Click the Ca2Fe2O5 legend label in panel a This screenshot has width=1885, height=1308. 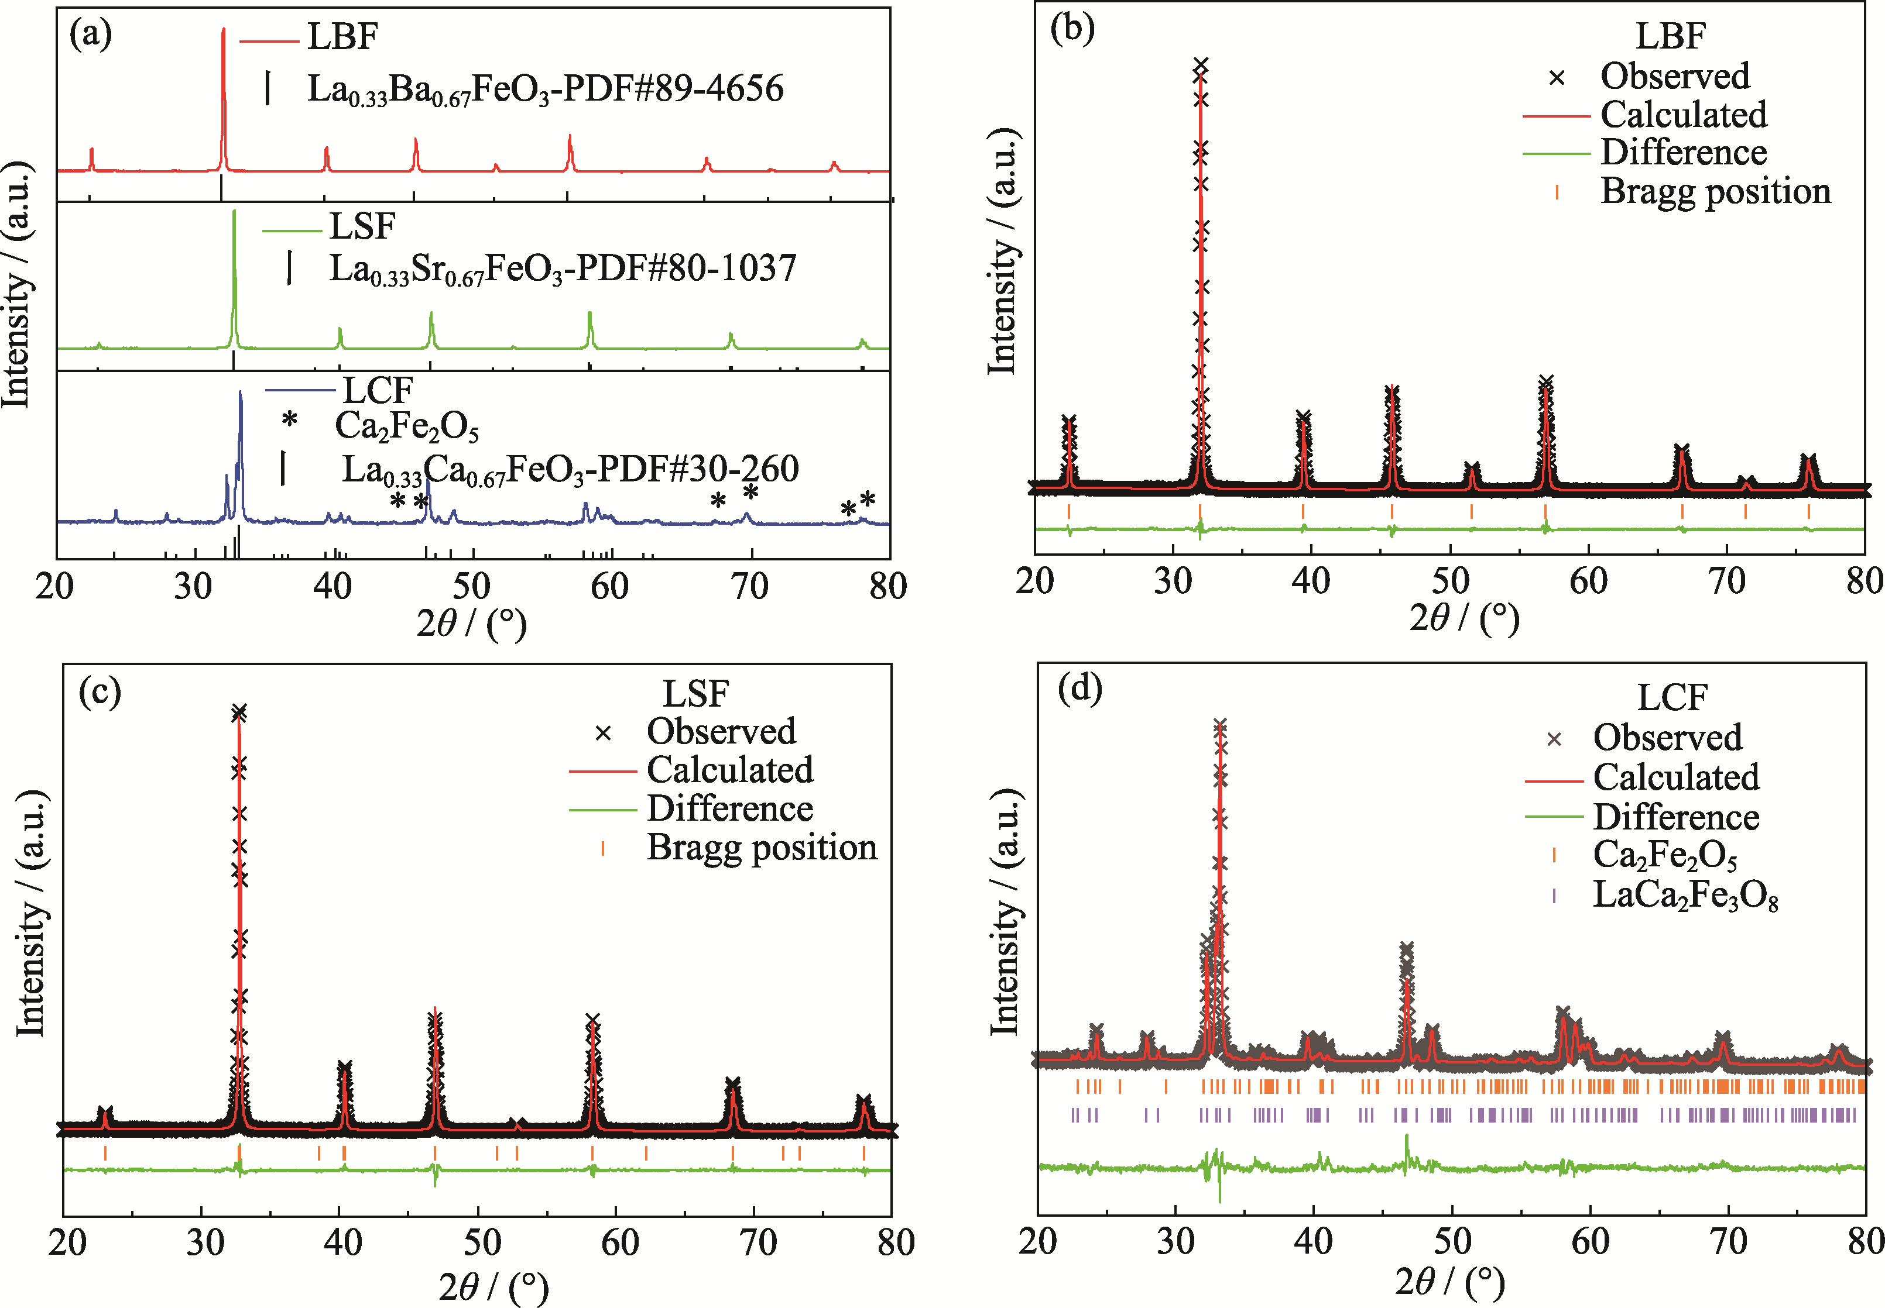407,426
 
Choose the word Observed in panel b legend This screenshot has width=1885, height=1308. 1675,76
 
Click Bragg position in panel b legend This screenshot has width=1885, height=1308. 1715,191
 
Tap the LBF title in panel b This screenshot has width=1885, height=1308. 1670,36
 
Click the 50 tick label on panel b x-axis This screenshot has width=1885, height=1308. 1449,581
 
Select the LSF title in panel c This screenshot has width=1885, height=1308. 695,694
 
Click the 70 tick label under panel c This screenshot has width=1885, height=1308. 758,1242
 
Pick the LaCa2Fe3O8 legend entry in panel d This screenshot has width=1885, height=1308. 1685,896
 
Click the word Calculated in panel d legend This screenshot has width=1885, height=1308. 1676,777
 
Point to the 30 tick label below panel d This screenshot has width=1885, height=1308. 1175,1241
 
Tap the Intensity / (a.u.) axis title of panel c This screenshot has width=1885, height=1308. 31,914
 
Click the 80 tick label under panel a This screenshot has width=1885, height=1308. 888,586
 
